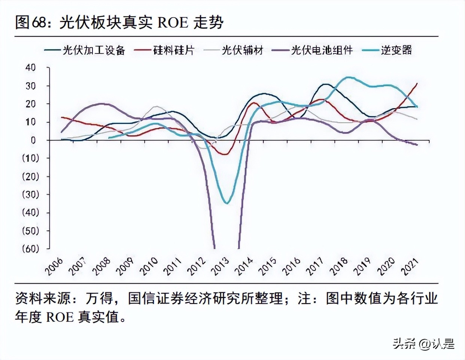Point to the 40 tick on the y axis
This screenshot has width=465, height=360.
(30, 68)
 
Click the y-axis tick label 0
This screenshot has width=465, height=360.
(33, 140)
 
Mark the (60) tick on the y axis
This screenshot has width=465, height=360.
(30, 249)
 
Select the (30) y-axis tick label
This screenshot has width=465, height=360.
(30, 195)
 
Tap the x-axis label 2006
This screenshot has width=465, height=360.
(55, 266)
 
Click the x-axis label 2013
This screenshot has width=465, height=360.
(221, 266)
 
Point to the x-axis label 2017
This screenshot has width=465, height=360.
(315, 266)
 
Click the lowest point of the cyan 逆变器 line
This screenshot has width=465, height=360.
(227, 203)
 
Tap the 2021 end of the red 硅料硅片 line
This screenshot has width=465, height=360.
(417, 83)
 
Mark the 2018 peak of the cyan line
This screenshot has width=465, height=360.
(349, 77)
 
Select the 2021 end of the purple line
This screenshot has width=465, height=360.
(417, 145)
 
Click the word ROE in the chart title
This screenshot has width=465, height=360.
(173, 22)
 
